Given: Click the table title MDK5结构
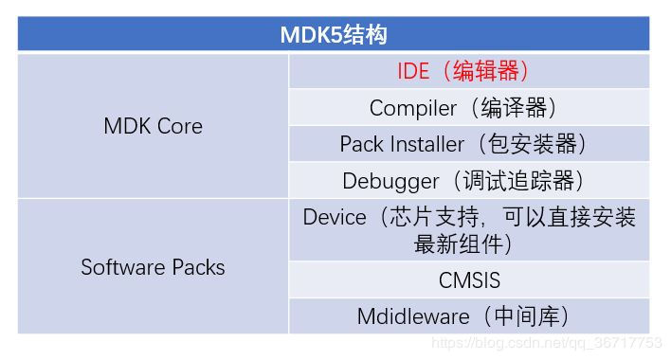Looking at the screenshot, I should coord(333,35).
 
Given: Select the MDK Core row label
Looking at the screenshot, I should coord(153,126).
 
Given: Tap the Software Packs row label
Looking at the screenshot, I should coord(153,267).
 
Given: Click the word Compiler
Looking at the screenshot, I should coord(412,108).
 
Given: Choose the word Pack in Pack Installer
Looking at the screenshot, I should coord(361,144).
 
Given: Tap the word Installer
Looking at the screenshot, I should coord(426,144).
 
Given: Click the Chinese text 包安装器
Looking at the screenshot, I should coord(533,144).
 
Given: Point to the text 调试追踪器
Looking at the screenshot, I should coord(528,180).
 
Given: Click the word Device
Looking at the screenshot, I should coord(335,217).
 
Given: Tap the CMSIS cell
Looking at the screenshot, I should coord(469,280).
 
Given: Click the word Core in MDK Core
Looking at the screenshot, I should coord(181,126).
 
